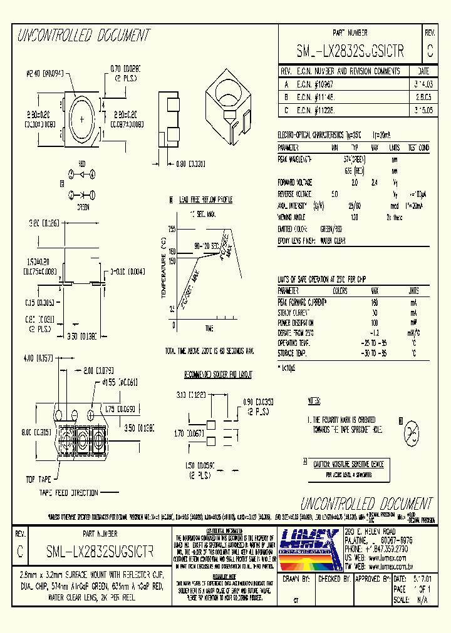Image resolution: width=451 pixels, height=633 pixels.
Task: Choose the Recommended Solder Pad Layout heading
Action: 218,374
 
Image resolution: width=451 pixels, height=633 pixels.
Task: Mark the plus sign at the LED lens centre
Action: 81,118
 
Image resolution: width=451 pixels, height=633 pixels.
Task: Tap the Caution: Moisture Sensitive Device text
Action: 347,464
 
